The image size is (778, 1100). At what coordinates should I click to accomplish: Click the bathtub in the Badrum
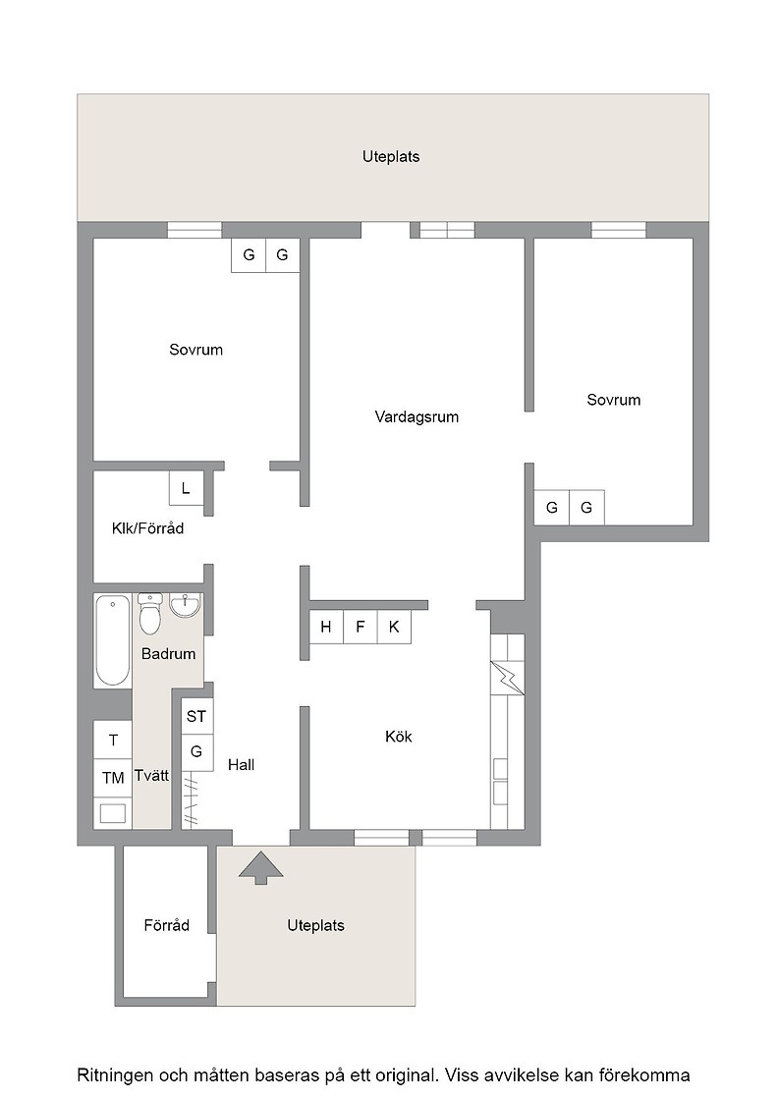click(x=112, y=639)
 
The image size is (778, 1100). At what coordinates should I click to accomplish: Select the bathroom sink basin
click(x=186, y=605)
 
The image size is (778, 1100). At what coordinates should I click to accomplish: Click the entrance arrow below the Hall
click(x=261, y=867)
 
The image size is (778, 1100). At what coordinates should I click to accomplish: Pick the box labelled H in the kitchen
click(x=326, y=628)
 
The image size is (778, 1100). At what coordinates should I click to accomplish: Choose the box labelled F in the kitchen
click(x=361, y=628)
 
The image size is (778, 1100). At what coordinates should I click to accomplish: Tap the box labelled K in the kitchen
click(x=394, y=628)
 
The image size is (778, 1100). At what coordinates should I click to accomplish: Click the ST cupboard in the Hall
click(x=197, y=716)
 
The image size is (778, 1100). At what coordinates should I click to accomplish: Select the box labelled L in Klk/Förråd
click(x=186, y=488)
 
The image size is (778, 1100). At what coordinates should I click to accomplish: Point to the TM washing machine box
click(x=113, y=777)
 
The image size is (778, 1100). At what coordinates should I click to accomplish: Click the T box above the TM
click(x=113, y=741)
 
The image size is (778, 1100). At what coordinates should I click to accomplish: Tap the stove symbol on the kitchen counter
click(x=507, y=678)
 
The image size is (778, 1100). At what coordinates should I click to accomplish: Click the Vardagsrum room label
click(x=417, y=416)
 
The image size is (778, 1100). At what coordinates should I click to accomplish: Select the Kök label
click(x=399, y=737)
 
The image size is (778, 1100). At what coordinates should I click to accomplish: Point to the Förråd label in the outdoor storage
click(x=167, y=925)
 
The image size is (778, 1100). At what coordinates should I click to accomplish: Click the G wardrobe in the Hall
click(x=197, y=752)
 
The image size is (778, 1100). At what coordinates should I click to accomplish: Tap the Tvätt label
click(x=152, y=776)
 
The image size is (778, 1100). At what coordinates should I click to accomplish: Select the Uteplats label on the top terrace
click(x=391, y=156)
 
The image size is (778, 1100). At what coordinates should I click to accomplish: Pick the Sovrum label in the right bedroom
click(x=614, y=400)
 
